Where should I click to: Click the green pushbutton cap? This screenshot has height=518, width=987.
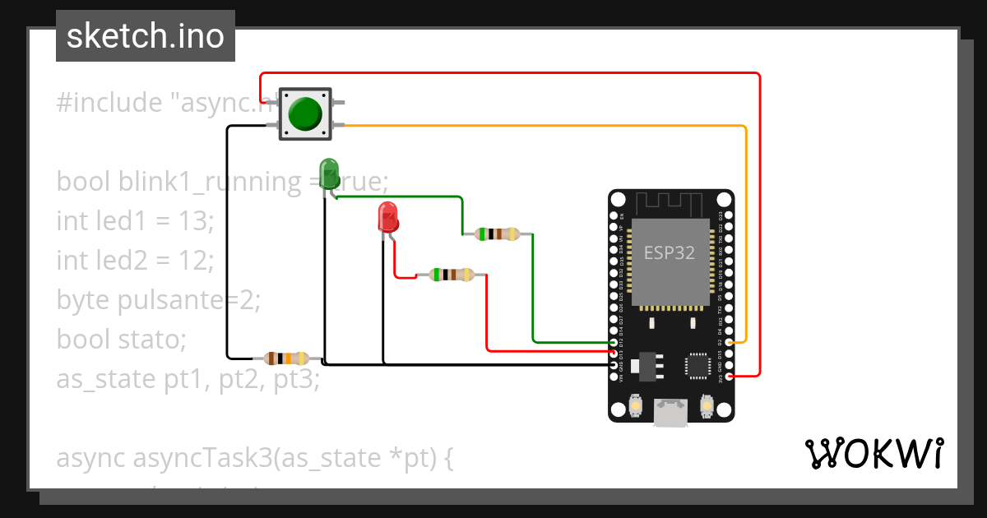(x=305, y=113)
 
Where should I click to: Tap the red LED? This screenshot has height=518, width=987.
(x=388, y=217)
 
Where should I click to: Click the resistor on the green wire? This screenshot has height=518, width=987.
(x=498, y=234)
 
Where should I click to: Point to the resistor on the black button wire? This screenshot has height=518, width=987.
(x=285, y=358)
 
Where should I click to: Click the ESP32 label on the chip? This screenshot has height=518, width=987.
(x=669, y=253)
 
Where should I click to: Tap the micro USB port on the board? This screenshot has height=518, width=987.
(x=670, y=412)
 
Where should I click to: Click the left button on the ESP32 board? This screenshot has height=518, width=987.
(x=635, y=405)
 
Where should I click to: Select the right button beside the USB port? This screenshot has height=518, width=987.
(x=706, y=405)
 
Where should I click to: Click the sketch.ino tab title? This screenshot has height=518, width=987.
(x=146, y=36)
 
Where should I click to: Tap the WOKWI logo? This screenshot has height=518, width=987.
(x=873, y=453)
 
